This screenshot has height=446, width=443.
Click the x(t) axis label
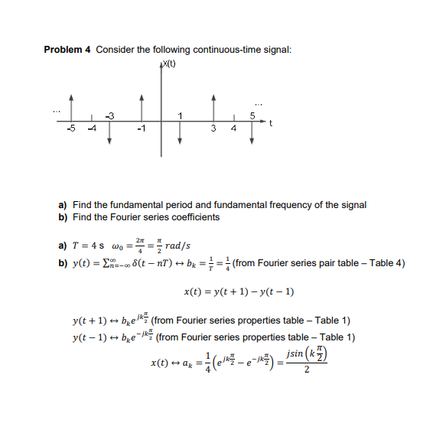point(167,63)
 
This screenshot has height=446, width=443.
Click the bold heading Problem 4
point(67,50)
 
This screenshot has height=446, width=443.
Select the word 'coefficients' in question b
point(198,217)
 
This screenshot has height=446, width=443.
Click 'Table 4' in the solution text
point(386,264)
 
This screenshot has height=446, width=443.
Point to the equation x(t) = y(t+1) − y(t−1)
point(239,292)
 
